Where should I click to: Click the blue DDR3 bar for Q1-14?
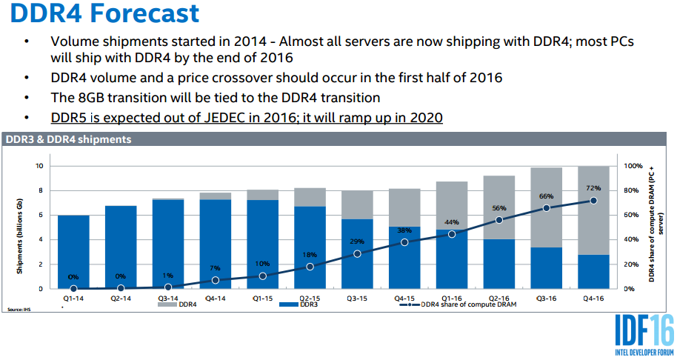tap(73, 252)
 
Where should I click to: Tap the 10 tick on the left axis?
tap(39, 166)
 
